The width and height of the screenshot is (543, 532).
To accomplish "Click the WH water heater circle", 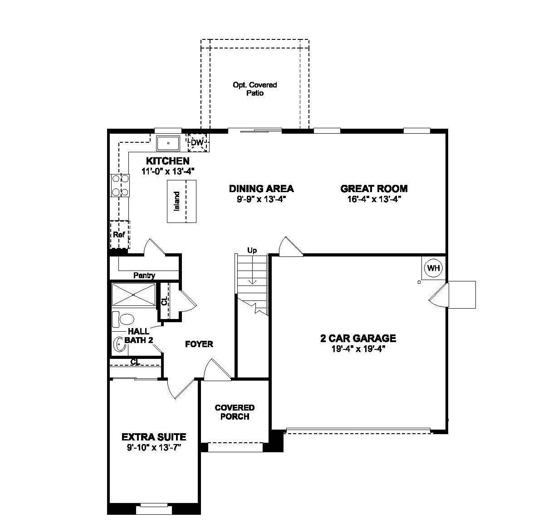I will tap(434, 268).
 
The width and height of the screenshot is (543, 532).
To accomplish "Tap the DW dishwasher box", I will tap(197, 143).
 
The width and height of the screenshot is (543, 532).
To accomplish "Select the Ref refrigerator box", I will tap(119, 234).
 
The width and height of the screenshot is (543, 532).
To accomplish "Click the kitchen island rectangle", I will tap(182, 201).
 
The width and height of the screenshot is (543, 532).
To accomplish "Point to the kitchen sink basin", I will tap(168, 143).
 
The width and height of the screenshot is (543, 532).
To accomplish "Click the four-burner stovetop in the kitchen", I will tap(120, 185).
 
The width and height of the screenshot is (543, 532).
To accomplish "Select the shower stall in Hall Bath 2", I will tap(134, 295).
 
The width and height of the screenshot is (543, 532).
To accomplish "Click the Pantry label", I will tap(144, 275).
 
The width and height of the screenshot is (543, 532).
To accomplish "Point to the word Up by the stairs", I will tap(252, 250).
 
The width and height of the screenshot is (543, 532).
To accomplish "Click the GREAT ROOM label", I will tap(374, 189).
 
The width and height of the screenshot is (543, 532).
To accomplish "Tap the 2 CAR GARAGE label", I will tap(358, 338).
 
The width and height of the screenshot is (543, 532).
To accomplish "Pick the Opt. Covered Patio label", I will tap(254, 89).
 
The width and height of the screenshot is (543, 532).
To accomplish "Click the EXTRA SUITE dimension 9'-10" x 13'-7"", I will tap(154, 448).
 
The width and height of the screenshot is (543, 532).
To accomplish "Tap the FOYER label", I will tap(199, 344).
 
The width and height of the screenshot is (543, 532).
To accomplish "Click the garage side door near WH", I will tap(439, 295).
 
